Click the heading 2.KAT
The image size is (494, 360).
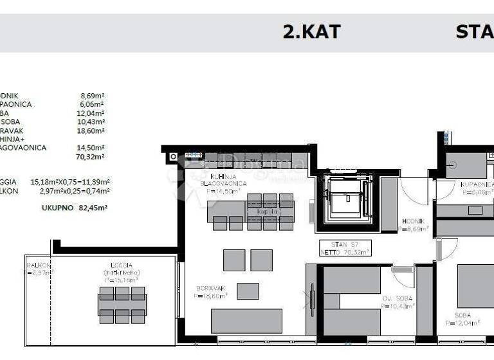coord(311,32)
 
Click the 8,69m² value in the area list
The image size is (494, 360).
coord(92,95)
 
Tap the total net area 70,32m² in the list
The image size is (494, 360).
coord(91,156)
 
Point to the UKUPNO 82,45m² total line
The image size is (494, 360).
coord(75,208)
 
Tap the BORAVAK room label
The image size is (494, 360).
coord(208,289)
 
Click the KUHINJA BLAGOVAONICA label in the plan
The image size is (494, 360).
coord(219,179)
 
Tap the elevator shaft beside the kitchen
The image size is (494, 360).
coord(345,197)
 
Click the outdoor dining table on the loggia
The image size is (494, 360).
coord(122,305)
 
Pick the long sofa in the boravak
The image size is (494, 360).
coord(246,321)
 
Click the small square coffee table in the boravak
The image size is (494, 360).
coord(248,291)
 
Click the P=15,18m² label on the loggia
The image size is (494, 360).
coord(120,280)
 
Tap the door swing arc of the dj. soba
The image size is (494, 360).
coord(405,278)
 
